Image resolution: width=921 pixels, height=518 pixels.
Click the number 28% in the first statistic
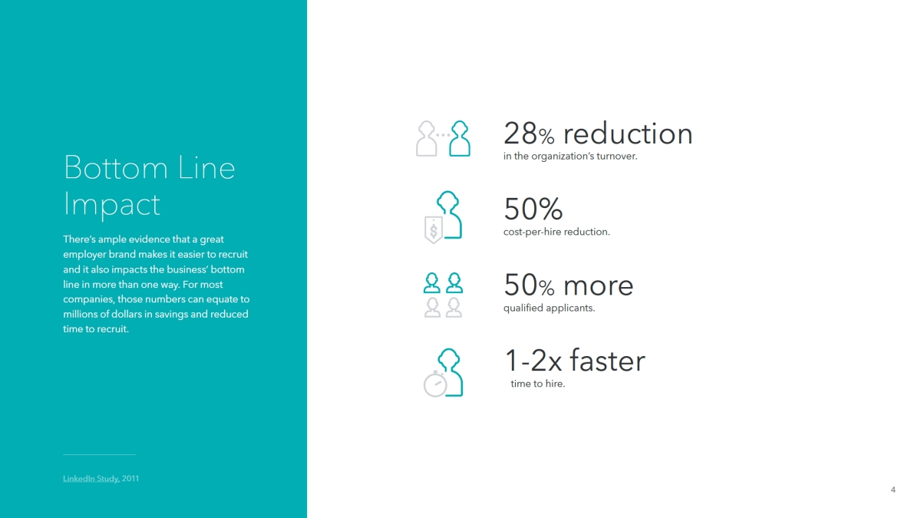(x=529, y=134)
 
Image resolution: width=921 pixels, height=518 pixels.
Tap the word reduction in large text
(x=628, y=134)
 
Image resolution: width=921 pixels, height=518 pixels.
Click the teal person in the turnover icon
(x=460, y=139)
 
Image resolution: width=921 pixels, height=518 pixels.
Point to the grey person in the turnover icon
(x=427, y=139)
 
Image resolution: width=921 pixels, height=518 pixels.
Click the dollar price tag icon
(x=434, y=229)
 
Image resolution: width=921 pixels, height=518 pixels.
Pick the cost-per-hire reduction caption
(x=556, y=232)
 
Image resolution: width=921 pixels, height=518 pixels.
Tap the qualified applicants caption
(x=549, y=308)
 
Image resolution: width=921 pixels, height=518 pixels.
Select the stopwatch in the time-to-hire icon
(x=435, y=384)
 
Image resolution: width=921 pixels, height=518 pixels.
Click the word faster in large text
(x=607, y=361)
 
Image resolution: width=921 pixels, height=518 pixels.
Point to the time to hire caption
(x=538, y=384)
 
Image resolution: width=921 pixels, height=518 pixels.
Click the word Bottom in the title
(x=117, y=168)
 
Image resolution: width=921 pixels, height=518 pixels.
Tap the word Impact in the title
(x=111, y=204)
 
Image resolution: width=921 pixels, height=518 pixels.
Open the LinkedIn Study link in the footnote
(x=91, y=479)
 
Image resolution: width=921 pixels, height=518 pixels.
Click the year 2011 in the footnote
(x=130, y=479)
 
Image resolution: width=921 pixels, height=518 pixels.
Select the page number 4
(x=893, y=490)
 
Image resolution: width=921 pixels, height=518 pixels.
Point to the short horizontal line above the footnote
(x=99, y=454)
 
